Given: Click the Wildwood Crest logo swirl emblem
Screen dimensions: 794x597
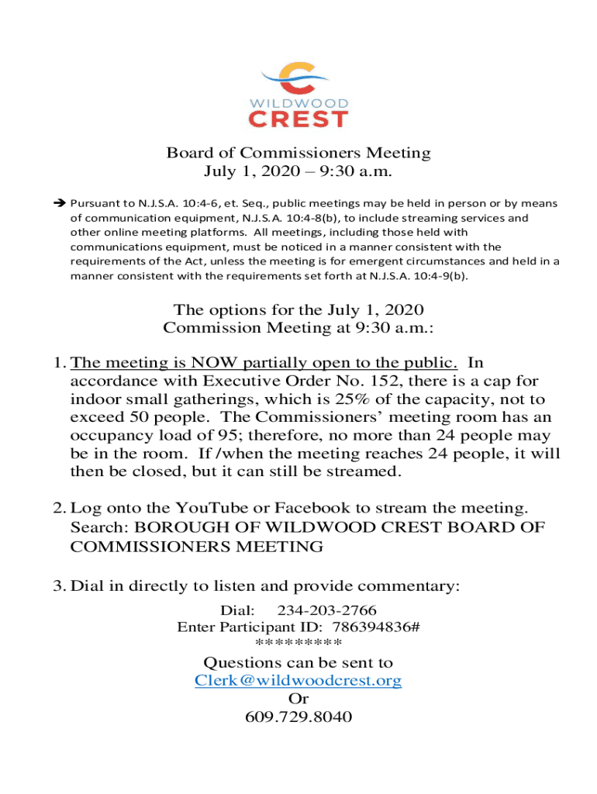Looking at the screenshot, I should (298, 77).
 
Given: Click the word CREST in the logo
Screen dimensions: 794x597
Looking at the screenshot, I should (298, 119).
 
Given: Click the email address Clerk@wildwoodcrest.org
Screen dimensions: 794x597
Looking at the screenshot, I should (298, 681).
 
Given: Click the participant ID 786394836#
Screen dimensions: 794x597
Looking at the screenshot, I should (376, 627).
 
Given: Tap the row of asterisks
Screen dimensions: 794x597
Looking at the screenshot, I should (298, 644).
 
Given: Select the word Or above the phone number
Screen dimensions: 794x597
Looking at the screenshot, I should (298, 699).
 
